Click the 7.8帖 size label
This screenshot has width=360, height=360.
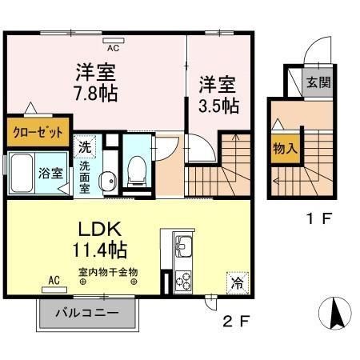point(97,94)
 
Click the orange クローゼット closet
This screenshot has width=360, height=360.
point(38,133)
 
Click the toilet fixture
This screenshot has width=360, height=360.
point(137,169)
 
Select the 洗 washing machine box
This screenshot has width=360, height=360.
point(85,147)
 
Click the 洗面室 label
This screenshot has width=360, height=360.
point(85,178)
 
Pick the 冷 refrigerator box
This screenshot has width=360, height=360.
point(236,282)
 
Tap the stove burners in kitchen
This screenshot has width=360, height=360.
point(182,282)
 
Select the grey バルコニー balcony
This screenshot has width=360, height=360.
point(86,314)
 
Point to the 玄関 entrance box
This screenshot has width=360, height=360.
point(318,82)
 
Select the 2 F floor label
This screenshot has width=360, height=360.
point(237,323)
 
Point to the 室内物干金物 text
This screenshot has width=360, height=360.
point(107,271)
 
